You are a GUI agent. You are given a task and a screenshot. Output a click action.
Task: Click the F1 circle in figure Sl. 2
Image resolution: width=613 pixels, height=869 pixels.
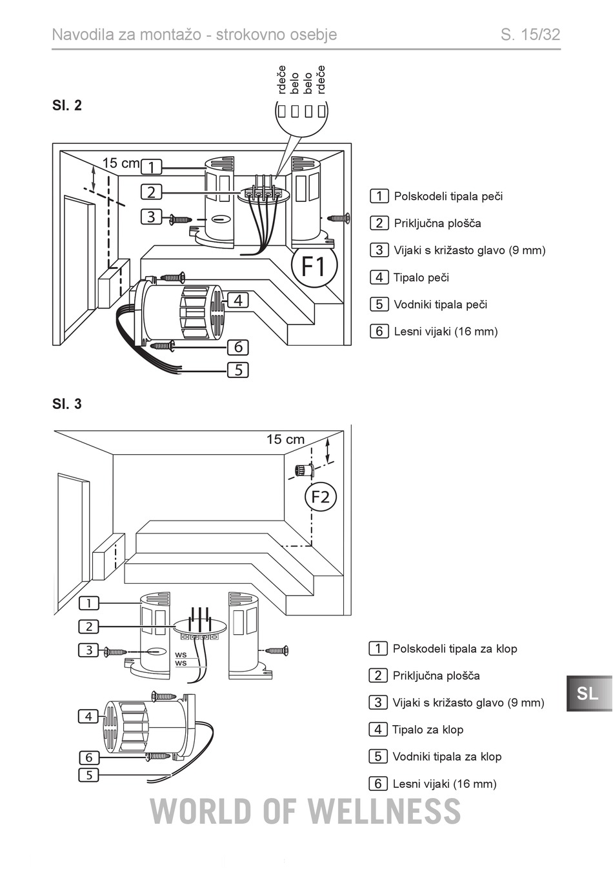pyautogui.click(x=314, y=265)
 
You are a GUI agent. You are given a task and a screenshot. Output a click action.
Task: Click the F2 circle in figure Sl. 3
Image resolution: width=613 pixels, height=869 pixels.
pyautogui.click(x=321, y=497)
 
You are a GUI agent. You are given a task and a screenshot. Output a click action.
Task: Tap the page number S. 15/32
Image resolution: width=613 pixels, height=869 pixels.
pyautogui.click(x=530, y=35)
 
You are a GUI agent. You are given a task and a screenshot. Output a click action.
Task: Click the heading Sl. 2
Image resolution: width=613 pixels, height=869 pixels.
pyautogui.click(x=66, y=105)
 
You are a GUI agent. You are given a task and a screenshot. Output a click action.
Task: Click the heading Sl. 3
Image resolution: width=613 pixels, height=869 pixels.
pyautogui.click(x=66, y=404)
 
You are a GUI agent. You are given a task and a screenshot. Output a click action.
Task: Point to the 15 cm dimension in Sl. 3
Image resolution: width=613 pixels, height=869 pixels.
pyautogui.click(x=285, y=439)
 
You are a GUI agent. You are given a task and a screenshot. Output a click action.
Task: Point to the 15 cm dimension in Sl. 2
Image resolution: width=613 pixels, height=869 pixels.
pyautogui.click(x=121, y=163)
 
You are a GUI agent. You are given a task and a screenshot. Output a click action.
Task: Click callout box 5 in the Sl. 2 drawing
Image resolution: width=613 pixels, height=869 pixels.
pyautogui.click(x=238, y=370)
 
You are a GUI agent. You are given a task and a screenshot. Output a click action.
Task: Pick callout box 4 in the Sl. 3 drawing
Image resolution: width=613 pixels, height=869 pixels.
pyautogui.click(x=88, y=716)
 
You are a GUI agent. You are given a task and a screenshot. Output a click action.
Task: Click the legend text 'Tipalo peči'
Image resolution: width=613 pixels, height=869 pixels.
pyautogui.click(x=421, y=277)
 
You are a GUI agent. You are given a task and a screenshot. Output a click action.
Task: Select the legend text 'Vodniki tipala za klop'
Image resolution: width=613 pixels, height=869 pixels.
pyautogui.click(x=447, y=757)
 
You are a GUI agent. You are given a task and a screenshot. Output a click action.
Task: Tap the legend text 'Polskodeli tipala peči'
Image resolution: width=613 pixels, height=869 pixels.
pyautogui.click(x=448, y=196)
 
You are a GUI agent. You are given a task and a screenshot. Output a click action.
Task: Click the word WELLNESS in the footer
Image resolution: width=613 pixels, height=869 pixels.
pyautogui.click(x=385, y=812)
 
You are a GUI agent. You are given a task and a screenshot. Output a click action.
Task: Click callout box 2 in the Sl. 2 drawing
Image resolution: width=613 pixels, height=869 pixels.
pyautogui.click(x=151, y=192)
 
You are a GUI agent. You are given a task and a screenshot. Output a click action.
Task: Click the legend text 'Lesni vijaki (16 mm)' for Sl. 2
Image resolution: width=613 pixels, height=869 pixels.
pyautogui.click(x=446, y=332)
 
